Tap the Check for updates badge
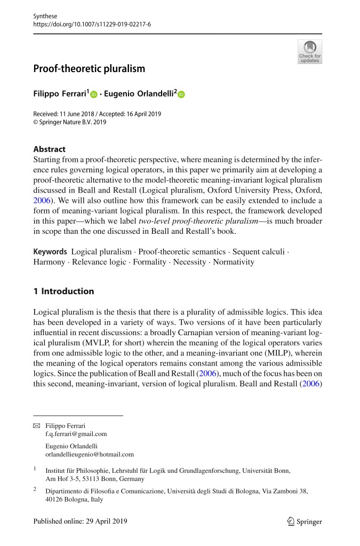pos(309,52)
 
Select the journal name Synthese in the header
pos(45,17)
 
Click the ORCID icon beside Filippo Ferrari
pos(94,94)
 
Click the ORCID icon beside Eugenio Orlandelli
pos(181,94)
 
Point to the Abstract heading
pos(49,149)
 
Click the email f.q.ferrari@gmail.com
pos(76,434)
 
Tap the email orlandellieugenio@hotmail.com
pos(90,454)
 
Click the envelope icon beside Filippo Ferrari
pos(37,425)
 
